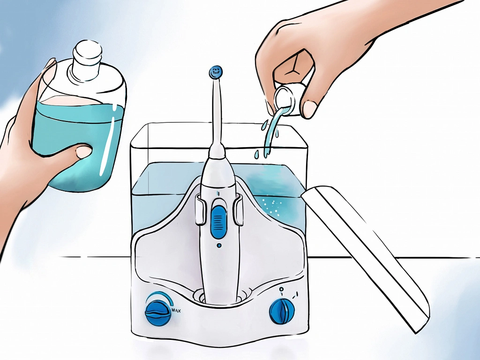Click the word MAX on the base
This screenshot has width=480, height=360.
pos(176,311)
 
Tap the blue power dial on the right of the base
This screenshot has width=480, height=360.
pos(282,312)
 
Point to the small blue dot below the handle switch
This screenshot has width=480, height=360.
pos(219,245)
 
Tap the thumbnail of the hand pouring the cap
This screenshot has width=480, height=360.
pos(310,109)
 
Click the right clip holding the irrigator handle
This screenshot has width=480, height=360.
pos(238,210)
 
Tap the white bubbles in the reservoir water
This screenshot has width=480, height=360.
pos(272,204)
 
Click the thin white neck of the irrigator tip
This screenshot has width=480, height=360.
pos(217,114)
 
